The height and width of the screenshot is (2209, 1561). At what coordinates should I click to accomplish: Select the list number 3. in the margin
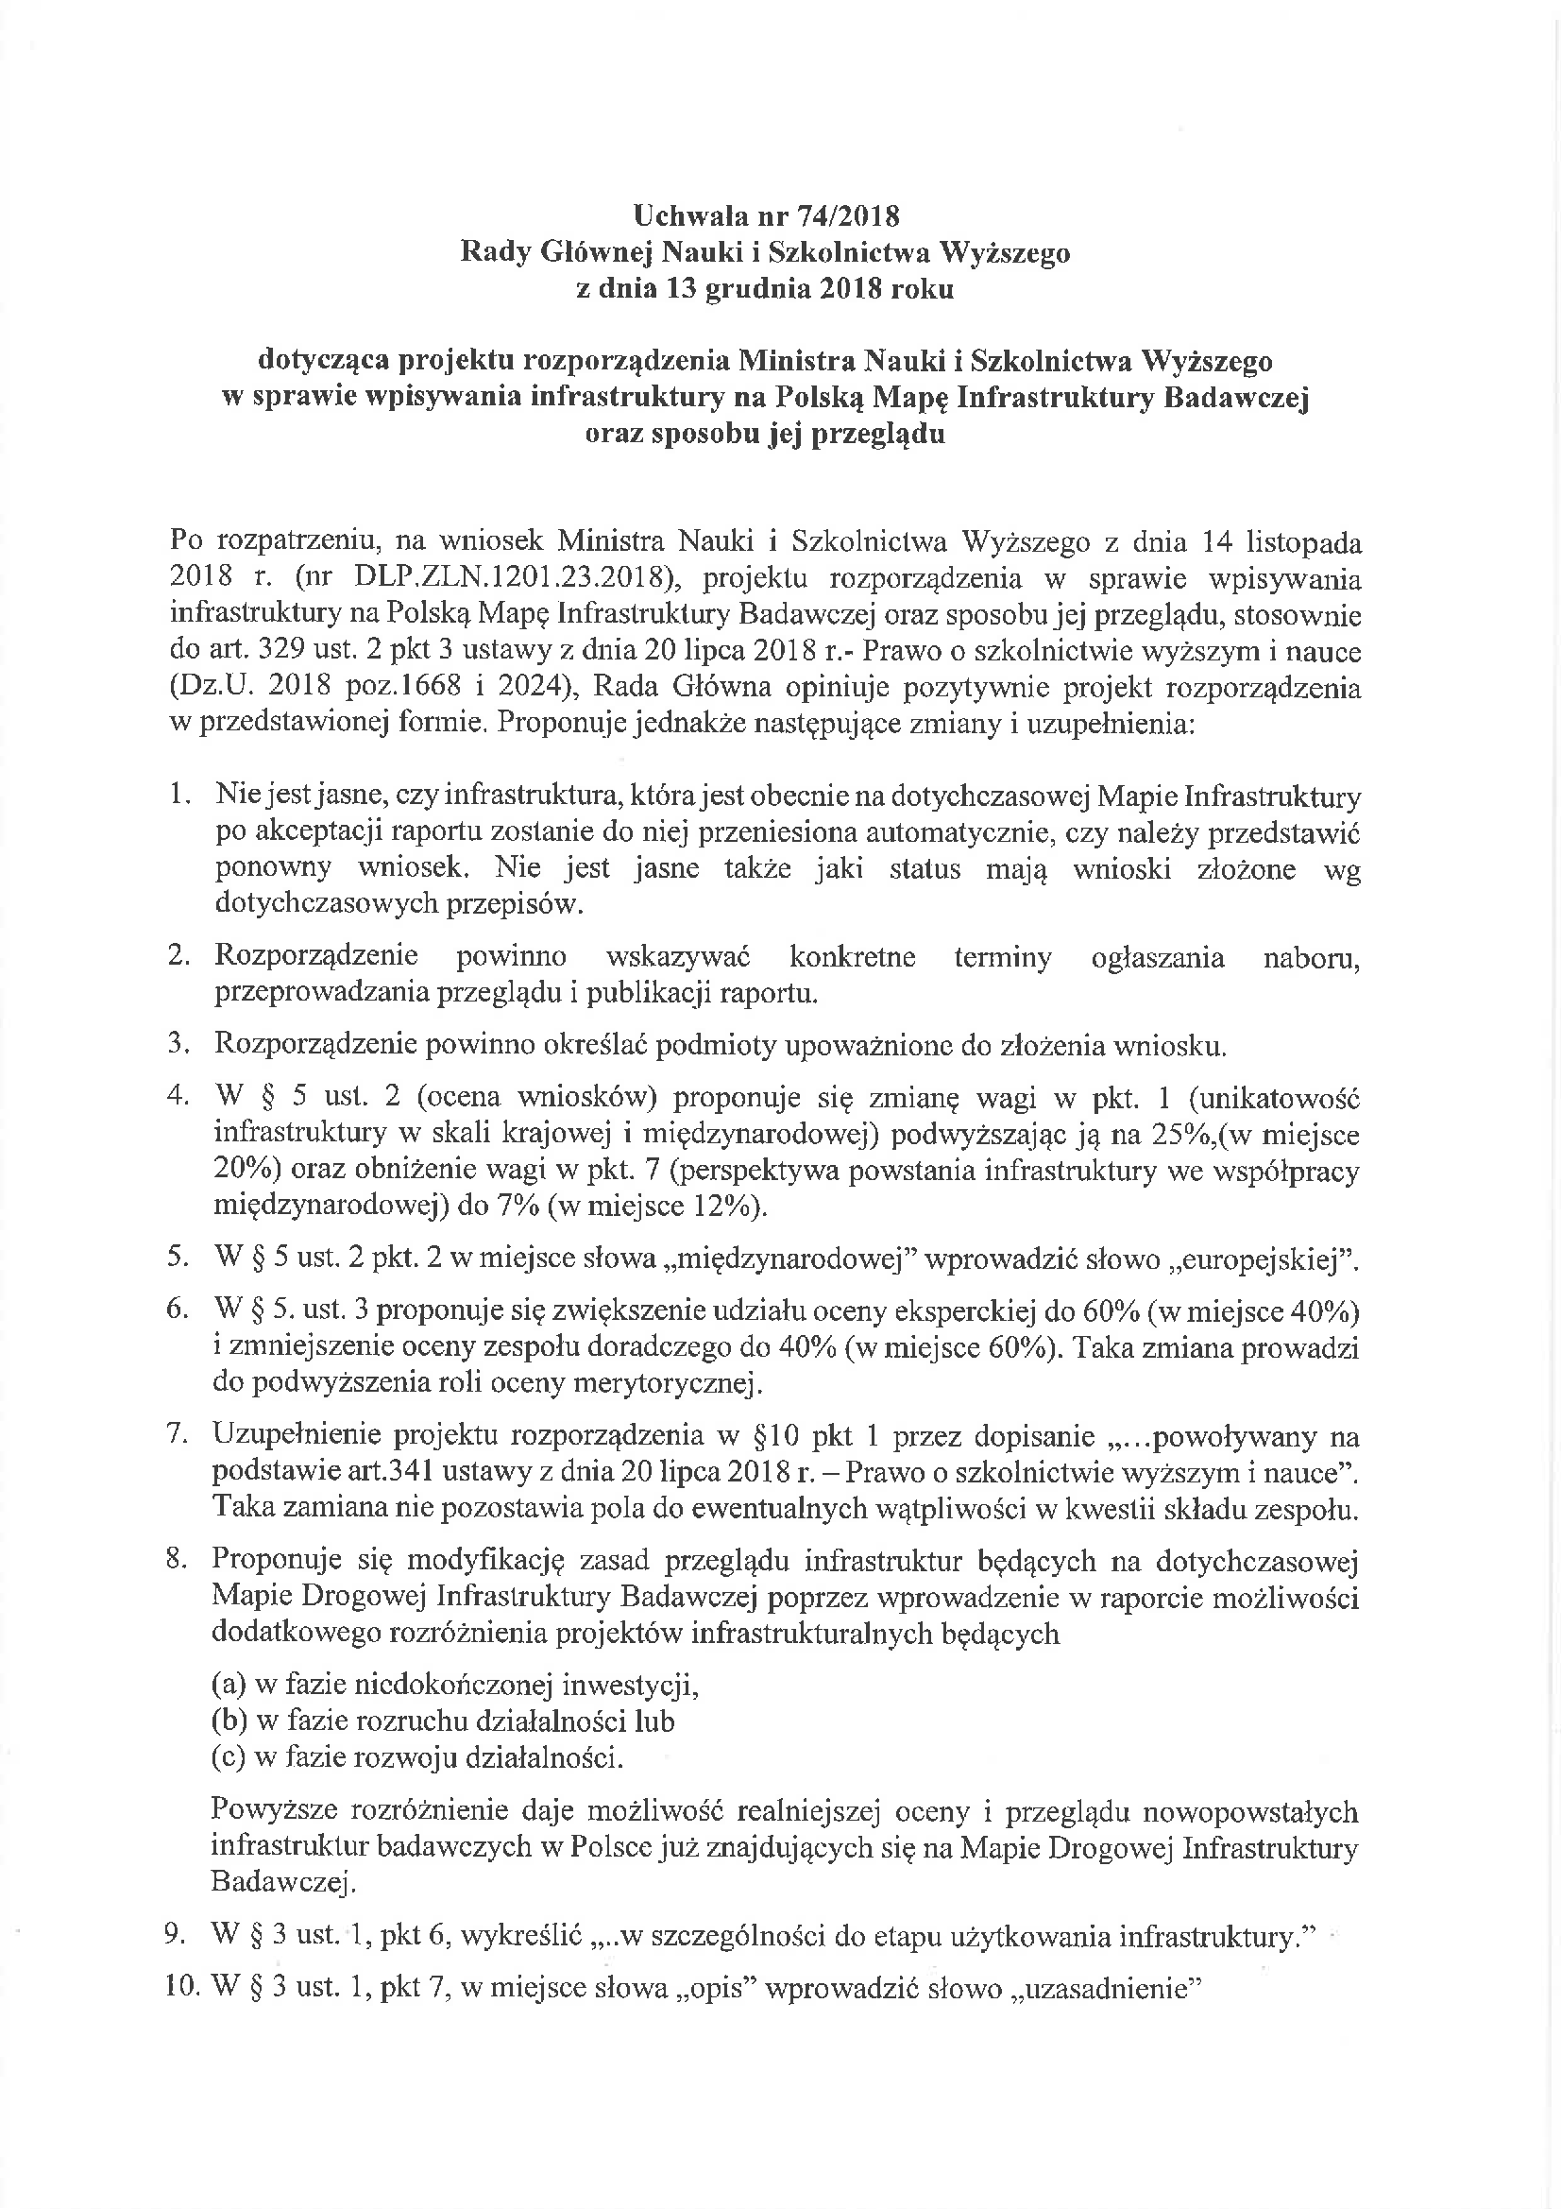[x=178, y=1045]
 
